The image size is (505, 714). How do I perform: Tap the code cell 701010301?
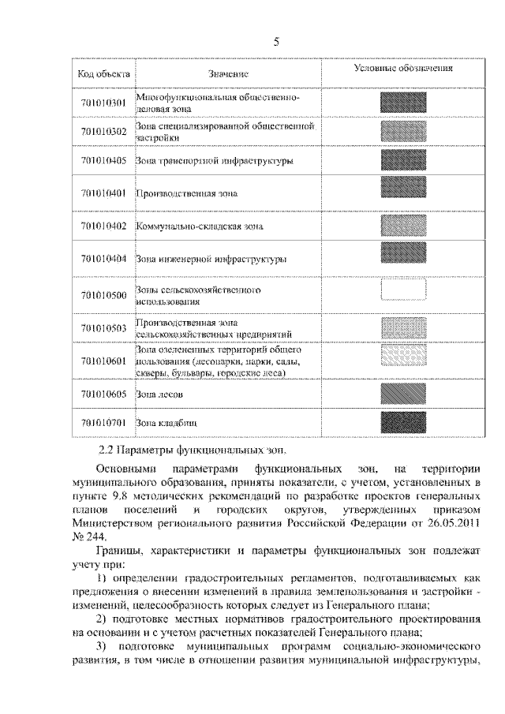103,103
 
